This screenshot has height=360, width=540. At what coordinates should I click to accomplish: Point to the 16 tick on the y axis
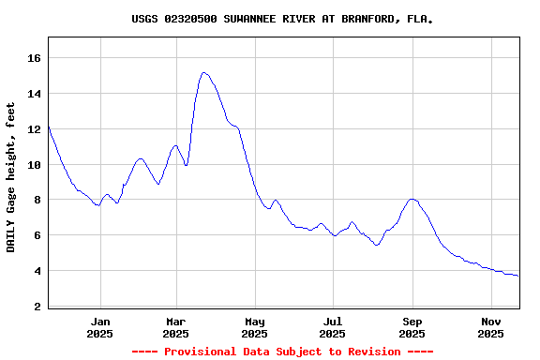34,58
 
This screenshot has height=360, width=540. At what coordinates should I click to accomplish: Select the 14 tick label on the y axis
34,94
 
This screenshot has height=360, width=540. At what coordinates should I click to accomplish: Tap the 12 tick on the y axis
34,129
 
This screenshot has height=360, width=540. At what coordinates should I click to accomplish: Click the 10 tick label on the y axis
34,165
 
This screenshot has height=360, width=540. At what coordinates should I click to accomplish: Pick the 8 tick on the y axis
37,201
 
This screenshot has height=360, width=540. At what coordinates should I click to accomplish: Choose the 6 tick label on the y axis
37,236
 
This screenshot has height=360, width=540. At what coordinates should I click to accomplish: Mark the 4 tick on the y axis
37,272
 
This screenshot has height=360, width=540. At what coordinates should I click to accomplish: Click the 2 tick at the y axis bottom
37,307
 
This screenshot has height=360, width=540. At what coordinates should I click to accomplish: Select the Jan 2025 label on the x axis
99,327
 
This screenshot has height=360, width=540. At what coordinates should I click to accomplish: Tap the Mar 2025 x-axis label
175,327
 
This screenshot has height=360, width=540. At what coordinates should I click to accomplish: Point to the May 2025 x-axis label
254,327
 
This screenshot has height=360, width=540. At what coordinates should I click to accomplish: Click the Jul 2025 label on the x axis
332,327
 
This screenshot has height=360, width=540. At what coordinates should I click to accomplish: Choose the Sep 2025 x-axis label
412,327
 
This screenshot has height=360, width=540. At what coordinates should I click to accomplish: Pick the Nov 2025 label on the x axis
490,327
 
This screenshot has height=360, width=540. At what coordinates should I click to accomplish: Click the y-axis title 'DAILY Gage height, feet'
11,177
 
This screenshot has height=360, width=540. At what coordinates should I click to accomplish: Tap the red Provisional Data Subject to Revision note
282,352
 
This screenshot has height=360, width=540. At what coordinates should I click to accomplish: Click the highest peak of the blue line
203,72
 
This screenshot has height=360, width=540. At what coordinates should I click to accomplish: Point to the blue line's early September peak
412,199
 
